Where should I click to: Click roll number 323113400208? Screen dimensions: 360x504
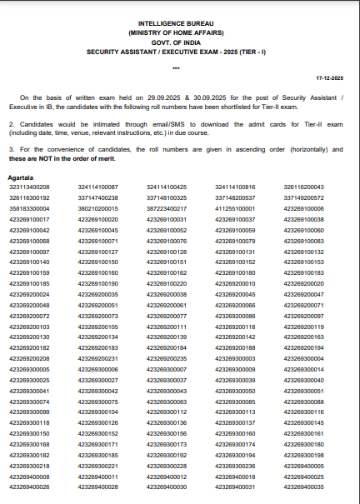[x=29, y=187]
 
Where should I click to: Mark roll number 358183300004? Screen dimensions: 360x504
[x=29, y=208]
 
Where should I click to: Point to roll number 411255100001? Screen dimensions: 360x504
[x=235, y=208]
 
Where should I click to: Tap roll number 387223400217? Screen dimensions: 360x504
[x=167, y=208]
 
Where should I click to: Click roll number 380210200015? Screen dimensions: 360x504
[x=97, y=208]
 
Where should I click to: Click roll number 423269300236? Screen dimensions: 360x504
[x=235, y=466]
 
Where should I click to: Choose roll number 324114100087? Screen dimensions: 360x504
[x=97, y=187]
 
